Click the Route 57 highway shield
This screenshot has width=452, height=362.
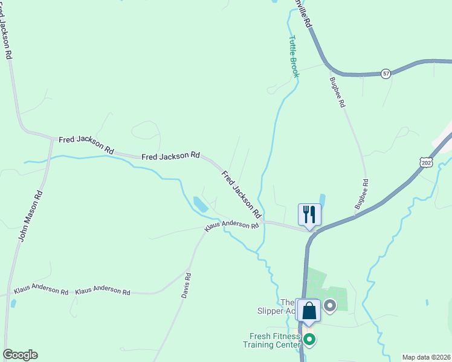click(386, 74)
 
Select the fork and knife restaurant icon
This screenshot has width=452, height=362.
click(309, 214)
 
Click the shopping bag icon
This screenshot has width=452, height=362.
click(309, 311)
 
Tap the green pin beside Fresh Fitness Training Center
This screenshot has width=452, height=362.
click(309, 340)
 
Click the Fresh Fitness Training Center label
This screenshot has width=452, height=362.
click(271, 341)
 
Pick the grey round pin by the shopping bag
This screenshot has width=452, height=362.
click(330, 306)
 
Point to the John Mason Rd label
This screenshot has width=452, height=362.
click(30, 216)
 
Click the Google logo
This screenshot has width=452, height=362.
click(20, 355)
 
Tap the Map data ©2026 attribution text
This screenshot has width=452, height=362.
click(426, 357)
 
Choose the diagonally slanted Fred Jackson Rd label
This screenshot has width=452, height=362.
click(241, 195)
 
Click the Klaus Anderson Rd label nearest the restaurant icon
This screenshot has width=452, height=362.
click(231, 225)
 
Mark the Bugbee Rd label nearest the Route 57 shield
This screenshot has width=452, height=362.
click(338, 92)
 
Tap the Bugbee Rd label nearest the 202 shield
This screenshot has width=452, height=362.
click(361, 194)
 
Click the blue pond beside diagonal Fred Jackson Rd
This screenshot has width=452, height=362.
click(200, 205)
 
